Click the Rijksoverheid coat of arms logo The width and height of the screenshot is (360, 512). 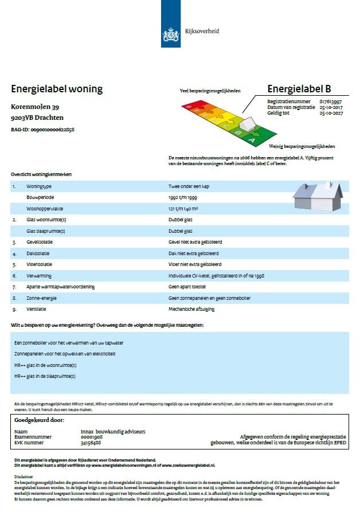[x=171, y=33]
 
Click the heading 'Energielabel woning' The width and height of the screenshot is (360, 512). [x=57, y=89]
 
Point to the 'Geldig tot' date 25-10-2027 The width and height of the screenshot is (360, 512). [x=330, y=113]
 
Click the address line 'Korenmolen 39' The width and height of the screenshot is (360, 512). [x=34, y=107]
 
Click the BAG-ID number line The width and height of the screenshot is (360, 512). [x=42, y=130]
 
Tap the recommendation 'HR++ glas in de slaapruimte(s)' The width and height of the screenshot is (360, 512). [x=45, y=376]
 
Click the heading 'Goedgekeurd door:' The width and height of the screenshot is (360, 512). [x=38, y=419]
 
